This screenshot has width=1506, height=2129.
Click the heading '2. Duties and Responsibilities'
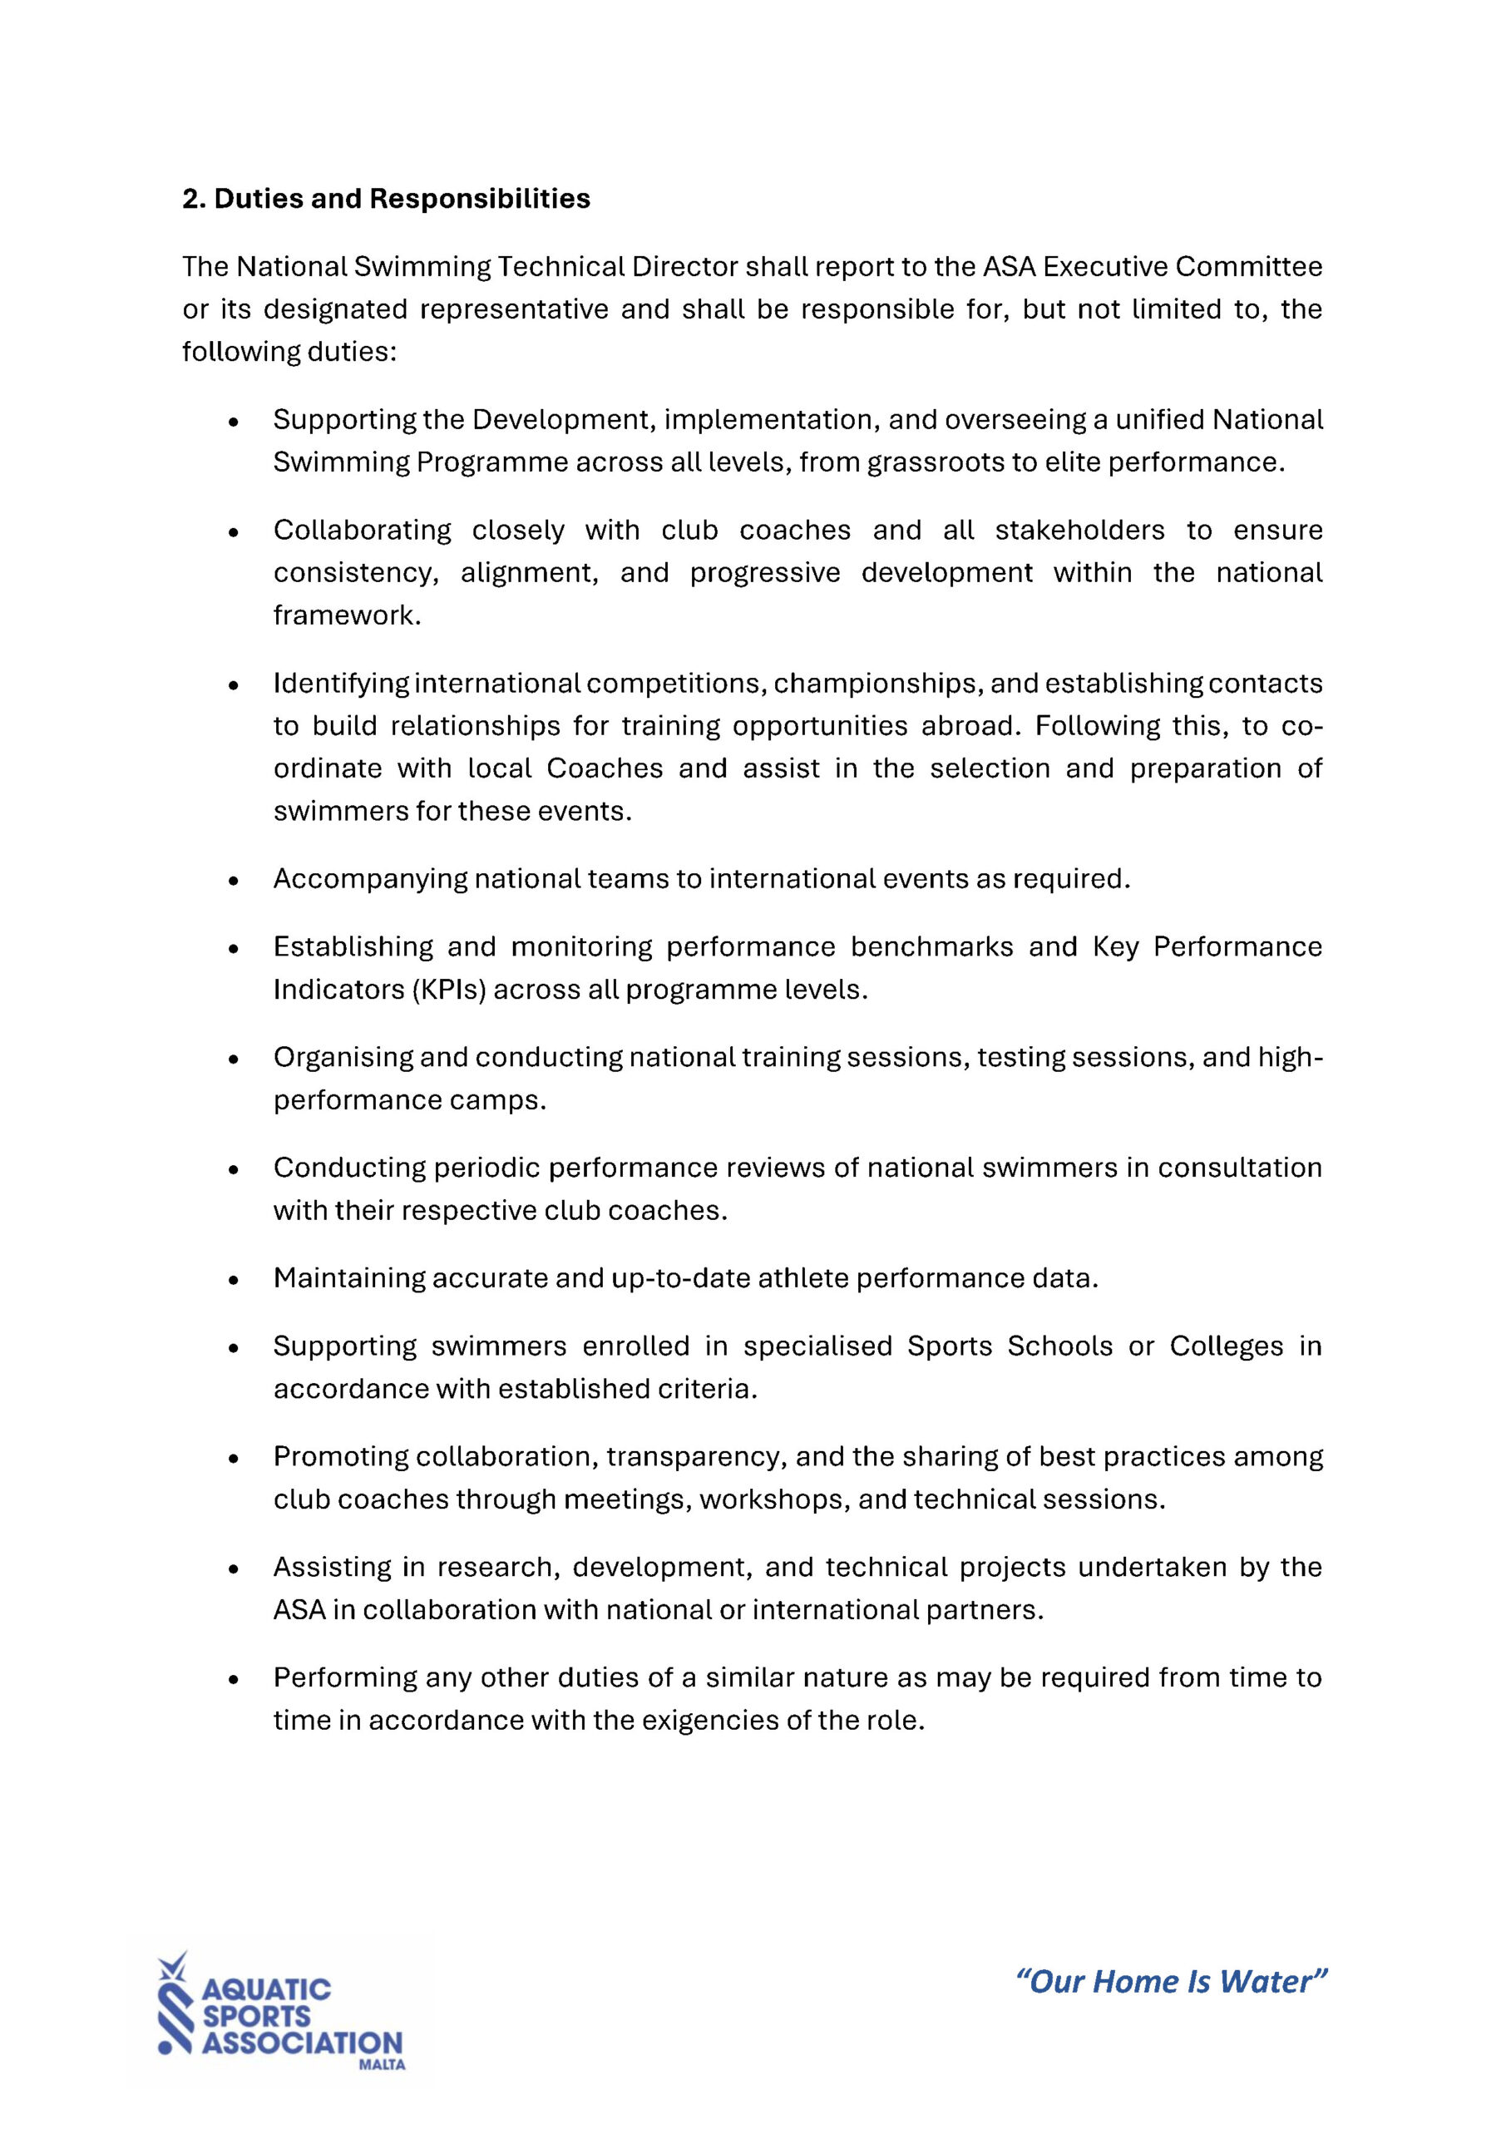pos(386,200)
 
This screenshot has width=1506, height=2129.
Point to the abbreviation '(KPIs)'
pos(448,990)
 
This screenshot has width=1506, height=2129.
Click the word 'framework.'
pos(347,615)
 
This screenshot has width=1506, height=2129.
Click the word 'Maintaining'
pos(348,1279)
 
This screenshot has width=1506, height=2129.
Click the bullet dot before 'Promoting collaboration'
pos(234,1460)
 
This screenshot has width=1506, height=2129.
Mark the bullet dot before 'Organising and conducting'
pos(234,1059)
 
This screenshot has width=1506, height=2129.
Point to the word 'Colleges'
pos(1226,1346)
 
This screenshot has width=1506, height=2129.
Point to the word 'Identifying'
pos(340,684)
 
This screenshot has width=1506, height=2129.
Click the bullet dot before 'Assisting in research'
pos(234,1570)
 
